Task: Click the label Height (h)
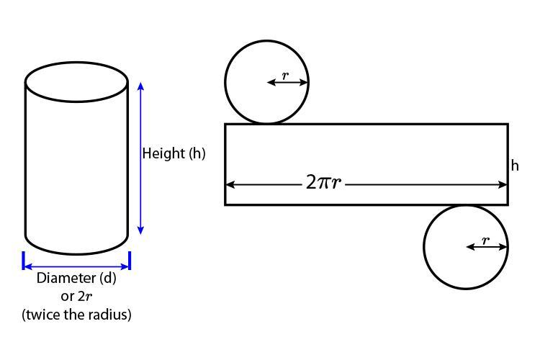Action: (174, 153)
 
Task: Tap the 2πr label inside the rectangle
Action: (323, 182)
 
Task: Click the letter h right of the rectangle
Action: (515, 166)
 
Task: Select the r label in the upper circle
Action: (286, 75)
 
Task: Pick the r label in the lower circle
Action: (485, 240)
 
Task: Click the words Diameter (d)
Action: (76, 278)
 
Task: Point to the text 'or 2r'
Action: (76, 296)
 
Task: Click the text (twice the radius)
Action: (76, 314)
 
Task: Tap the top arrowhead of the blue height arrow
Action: (140, 86)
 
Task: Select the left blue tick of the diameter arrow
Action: (24, 261)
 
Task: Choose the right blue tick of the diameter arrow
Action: (130, 261)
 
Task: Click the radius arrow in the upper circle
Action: (288, 83)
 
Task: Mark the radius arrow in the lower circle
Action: (487, 247)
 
